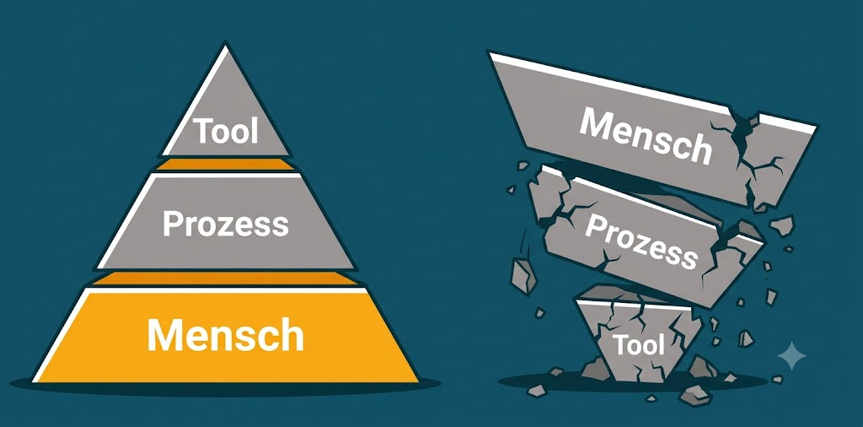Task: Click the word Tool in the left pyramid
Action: tap(227, 131)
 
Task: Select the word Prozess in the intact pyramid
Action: tap(226, 224)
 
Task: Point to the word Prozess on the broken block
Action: tap(641, 241)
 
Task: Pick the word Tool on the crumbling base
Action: tap(639, 345)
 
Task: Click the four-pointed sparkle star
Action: tap(791, 355)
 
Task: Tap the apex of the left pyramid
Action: tap(224, 44)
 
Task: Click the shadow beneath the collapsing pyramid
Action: tap(633, 381)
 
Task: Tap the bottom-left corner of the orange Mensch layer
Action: tap(33, 381)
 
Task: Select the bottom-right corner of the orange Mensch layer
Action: tap(418, 381)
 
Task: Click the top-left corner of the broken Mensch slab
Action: tap(489, 52)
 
